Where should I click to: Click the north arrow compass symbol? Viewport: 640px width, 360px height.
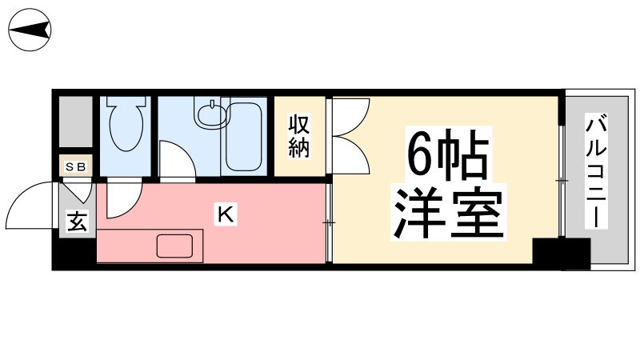pos(30,30)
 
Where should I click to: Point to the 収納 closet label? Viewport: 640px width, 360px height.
pos(299,135)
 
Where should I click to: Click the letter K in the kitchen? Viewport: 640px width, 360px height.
pos(226,214)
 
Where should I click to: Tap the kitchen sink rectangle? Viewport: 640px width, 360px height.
pos(180,246)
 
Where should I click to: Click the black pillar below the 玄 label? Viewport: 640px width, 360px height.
pos(75,254)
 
